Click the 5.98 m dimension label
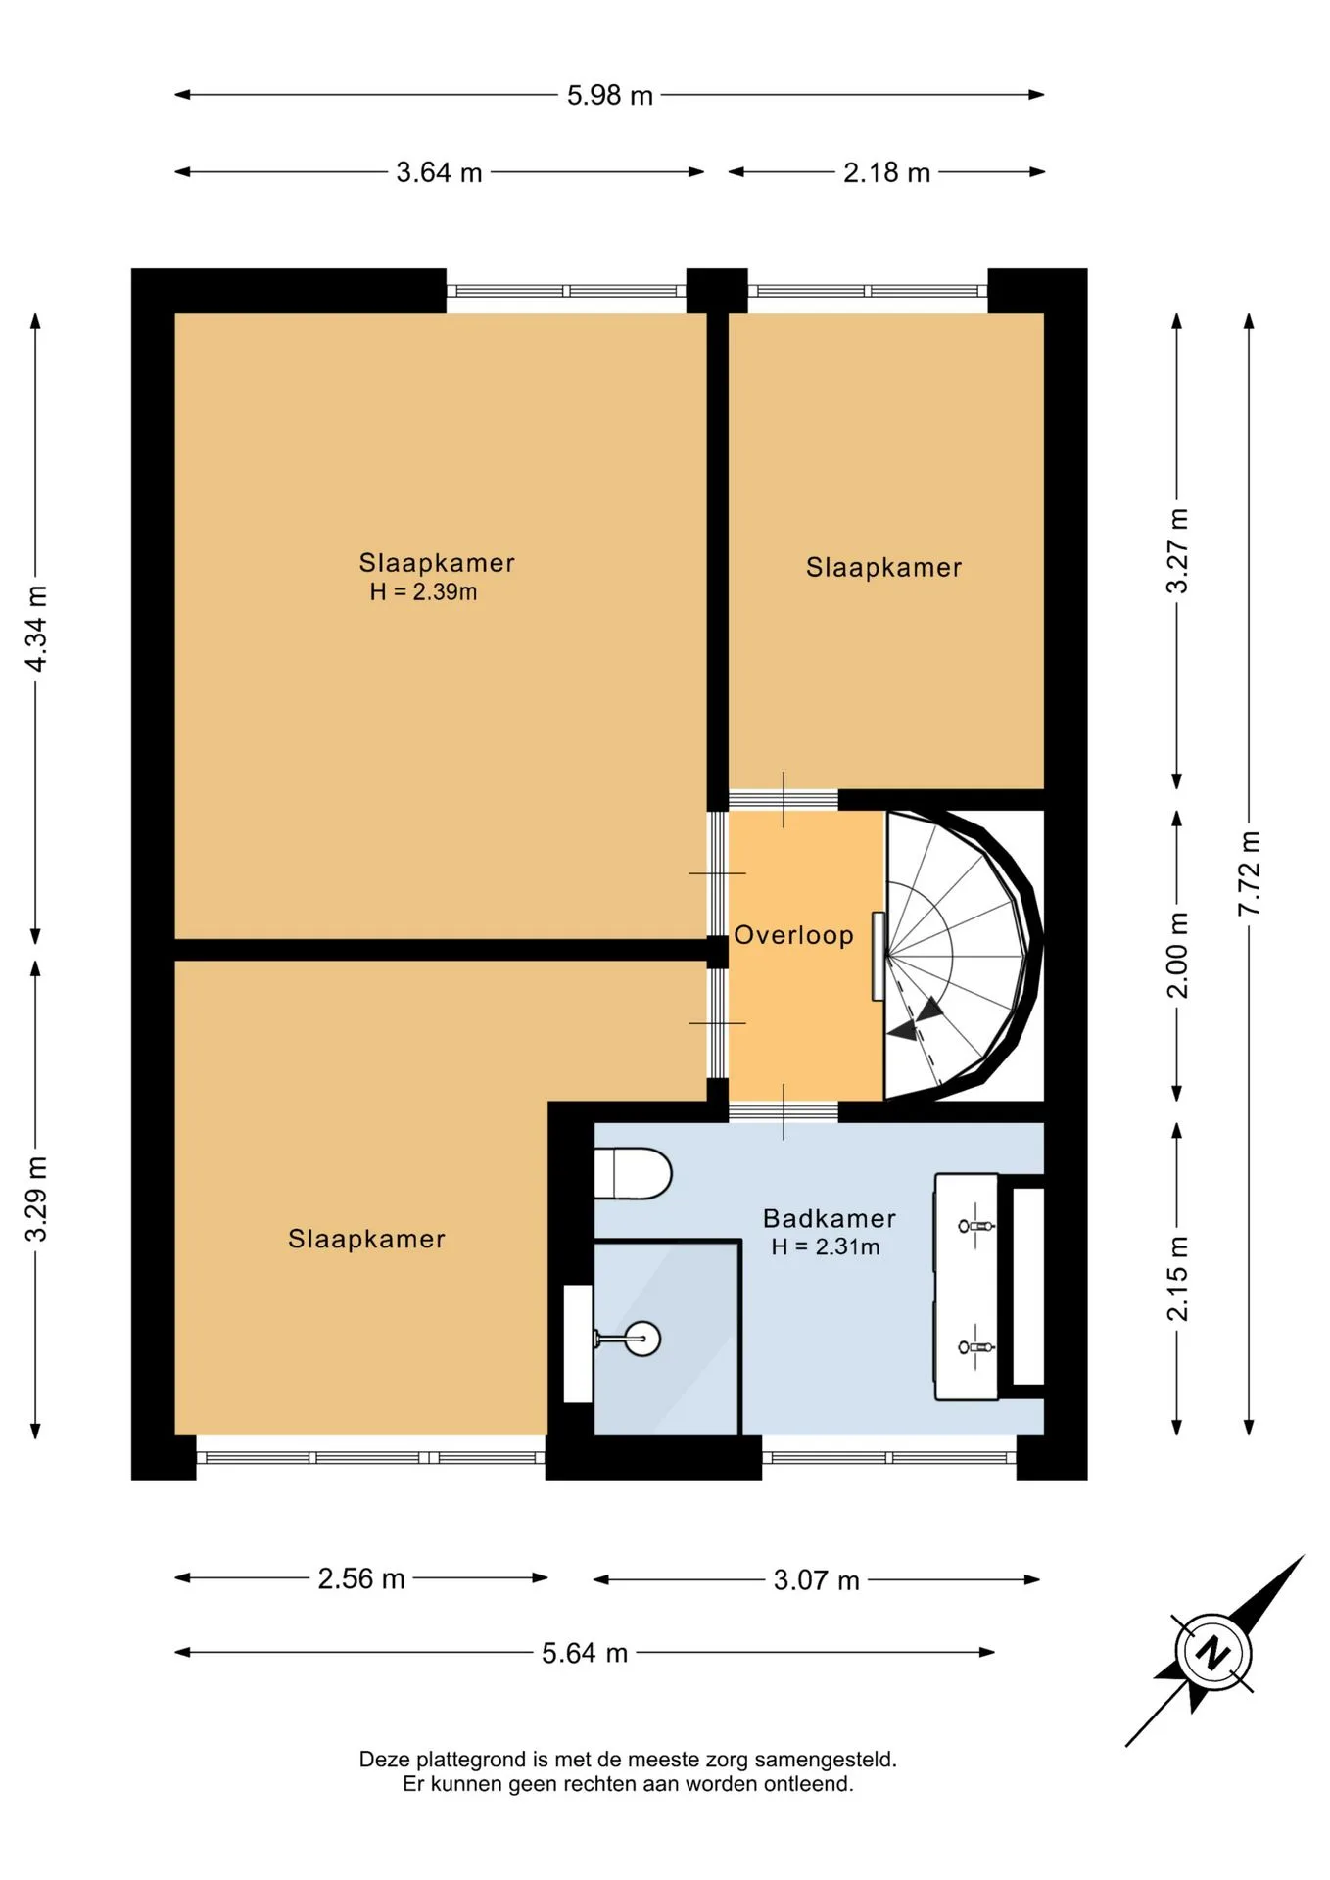tap(609, 95)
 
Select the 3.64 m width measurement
tap(439, 172)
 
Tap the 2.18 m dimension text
tap(886, 172)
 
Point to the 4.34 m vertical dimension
tap(36, 629)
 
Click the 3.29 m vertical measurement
tap(36, 1198)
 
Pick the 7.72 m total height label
tap(1249, 873)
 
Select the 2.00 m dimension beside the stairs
tap(1177, 955)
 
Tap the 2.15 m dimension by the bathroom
tap(1177, 1278)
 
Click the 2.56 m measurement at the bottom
tap(361, 1578)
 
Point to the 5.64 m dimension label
tap(585, 1653)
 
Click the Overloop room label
tap(793, 935)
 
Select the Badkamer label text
tap(830, 1218)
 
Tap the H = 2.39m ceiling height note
tap(423, 591)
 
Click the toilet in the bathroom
tap(633, 1173)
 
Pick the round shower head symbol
tap(642, 1338)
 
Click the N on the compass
tap(1213, 1653)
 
